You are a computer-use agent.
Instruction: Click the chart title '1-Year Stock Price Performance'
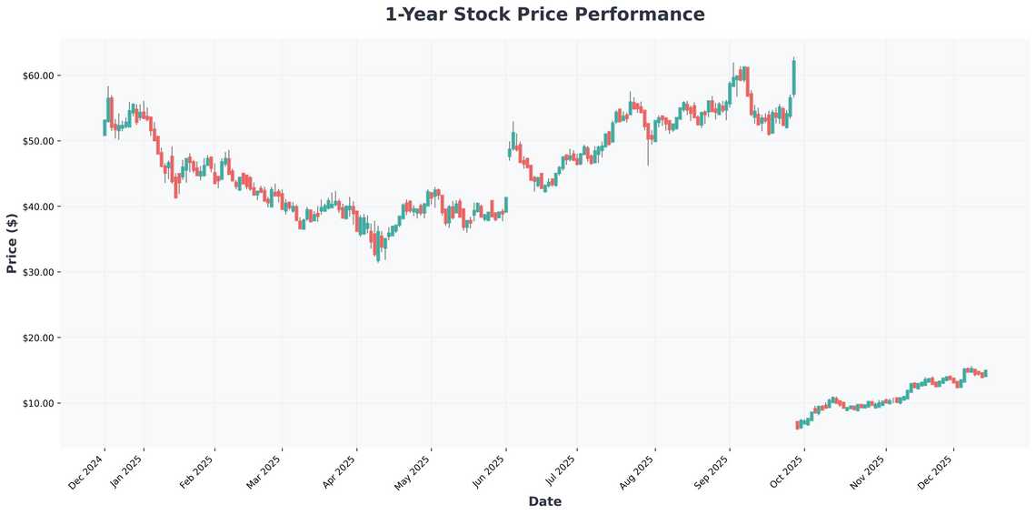tap(544, 15)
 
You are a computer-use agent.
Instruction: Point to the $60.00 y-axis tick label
tap(39, 76)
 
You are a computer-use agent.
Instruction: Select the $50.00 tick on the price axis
tap(39, 141)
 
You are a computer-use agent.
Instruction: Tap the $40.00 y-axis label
tap(39, 207)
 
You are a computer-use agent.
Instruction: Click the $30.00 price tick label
tap(39, 272)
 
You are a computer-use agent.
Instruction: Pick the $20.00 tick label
tap(39, 338)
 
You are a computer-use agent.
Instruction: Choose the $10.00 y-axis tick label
tap(39, 403)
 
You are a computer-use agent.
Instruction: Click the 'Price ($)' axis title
tap(12, 243)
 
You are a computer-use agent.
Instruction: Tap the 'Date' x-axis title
tap(544, 501)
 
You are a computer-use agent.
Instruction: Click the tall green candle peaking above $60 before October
tap(794, 77)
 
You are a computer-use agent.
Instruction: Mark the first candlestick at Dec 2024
tap(105, 127)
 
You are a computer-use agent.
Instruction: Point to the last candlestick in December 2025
tap(985, 374)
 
